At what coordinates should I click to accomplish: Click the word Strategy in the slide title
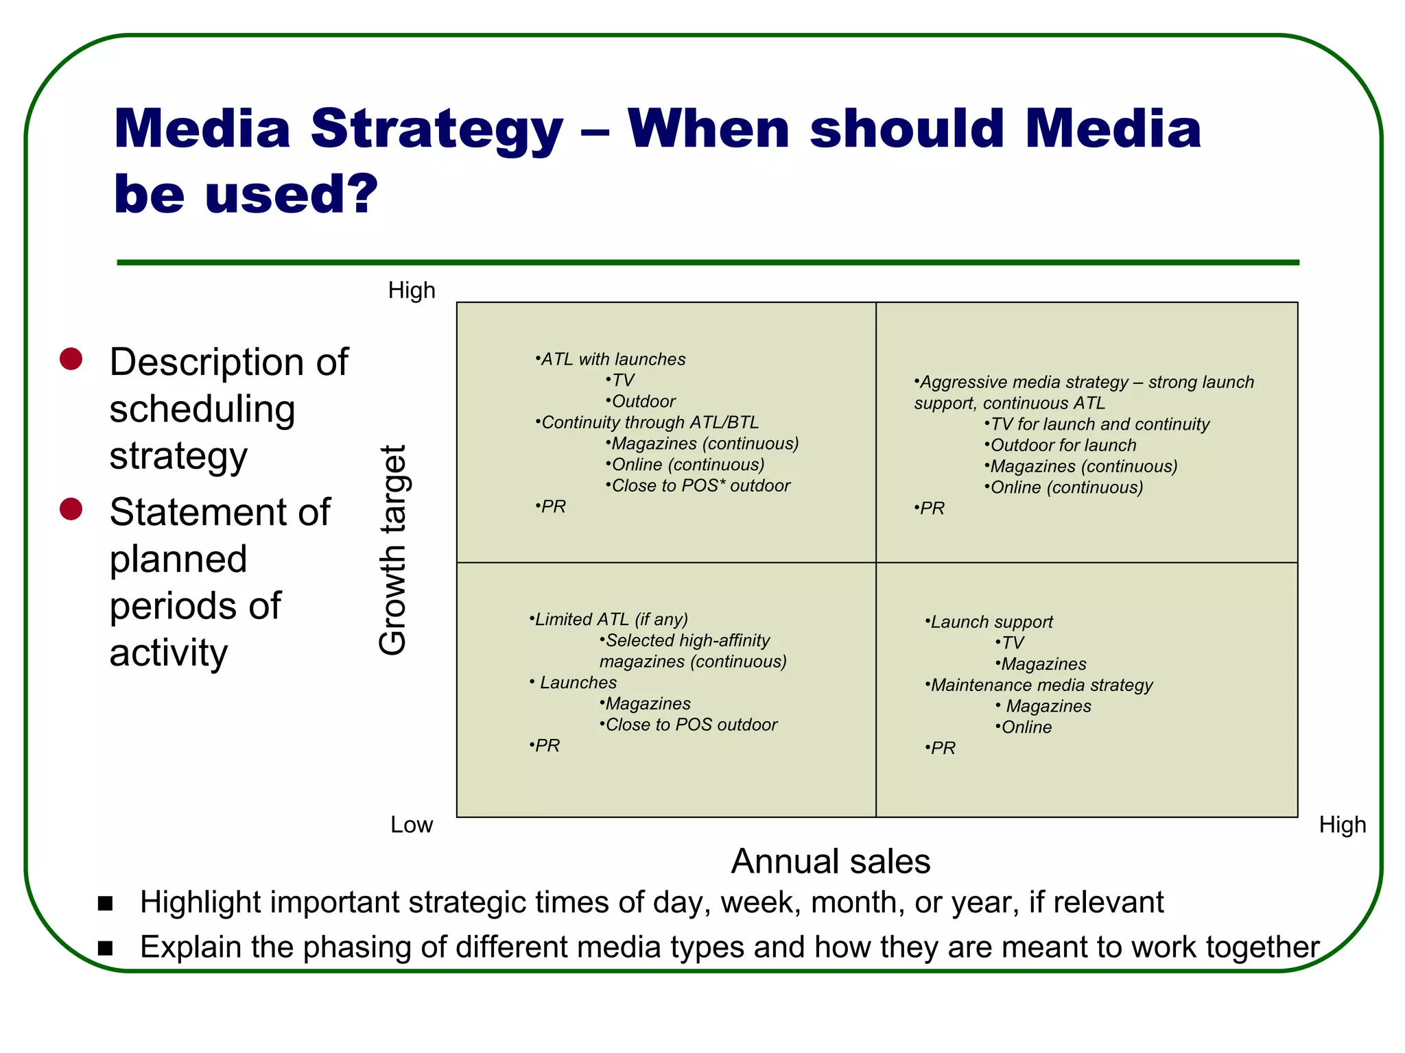[x=436, y=130]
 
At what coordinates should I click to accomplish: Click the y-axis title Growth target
[x=394, y=550]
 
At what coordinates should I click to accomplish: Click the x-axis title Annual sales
[x=830, y=861]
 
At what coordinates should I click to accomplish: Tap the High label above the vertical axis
[x=412, y=291]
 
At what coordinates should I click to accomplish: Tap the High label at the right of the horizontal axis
[x=1342, y=825]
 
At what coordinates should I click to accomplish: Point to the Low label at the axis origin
[x=412, y=825]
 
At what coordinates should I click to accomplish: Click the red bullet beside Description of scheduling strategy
[x=71, y=359]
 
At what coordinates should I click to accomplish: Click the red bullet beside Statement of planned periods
[x=71, y=509]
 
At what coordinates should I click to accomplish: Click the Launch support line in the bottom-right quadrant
[x=991, y=622]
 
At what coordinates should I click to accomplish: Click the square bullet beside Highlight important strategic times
[x=105, y=904]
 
